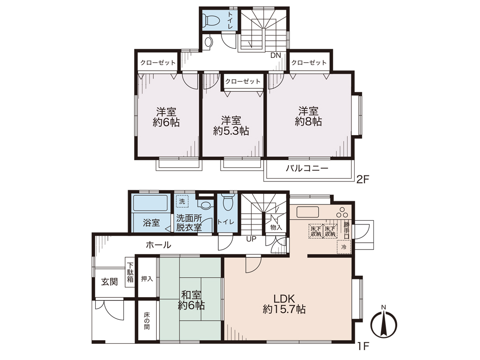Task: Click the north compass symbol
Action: click(383, 323)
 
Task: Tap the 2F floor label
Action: click(363, 179)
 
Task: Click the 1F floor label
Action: click(363, 346)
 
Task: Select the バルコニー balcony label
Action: click(307, 168)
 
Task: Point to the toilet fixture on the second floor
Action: click(211, 20)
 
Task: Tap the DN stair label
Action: click(276, 56)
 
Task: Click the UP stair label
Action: click(251, 239)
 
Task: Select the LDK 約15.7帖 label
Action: click(284, 304)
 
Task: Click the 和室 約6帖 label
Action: click(191, 300)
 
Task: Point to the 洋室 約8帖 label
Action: click(308, 116)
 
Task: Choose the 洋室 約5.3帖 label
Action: click(231, 125)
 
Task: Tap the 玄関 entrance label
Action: click(109, 281)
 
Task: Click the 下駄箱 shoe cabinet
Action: click(130, 273)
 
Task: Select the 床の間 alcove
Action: click(147, 321)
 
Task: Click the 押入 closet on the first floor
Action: click(147, 279)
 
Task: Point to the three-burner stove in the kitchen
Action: click(342, 211)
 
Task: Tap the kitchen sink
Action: click(308, 212)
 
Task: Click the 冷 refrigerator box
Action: click(344, 247)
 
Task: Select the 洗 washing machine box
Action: click(182, 201)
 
